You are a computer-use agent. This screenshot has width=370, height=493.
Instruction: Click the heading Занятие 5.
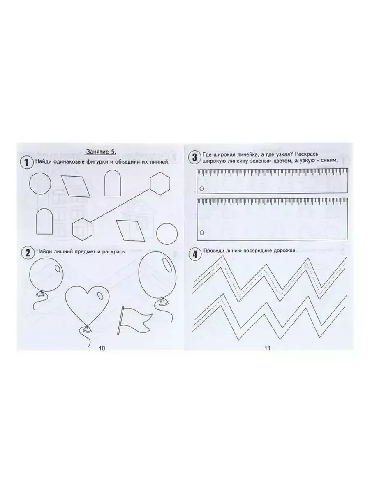click(x=101, y=152)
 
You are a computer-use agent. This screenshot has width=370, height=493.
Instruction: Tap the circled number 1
click(x=26, y=162)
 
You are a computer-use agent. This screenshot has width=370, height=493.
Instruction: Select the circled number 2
click(x=28, y=253)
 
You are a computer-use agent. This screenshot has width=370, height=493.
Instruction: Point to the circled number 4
click(x=195, y=255)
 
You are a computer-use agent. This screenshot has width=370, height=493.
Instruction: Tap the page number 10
click(x=102, y=348)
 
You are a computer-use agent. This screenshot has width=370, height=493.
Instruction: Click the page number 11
click(x=268, y=348)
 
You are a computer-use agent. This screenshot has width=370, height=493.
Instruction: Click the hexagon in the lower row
click(x=83, y=229)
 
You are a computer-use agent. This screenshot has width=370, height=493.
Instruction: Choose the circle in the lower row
click(x=167, y=234)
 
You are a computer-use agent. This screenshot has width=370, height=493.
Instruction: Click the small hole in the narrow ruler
click(x=202, y=189)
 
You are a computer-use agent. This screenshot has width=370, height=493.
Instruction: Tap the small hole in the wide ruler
click(x=202, y=233)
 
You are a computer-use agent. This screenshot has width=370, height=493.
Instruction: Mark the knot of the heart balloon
click(x=86, y=328)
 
